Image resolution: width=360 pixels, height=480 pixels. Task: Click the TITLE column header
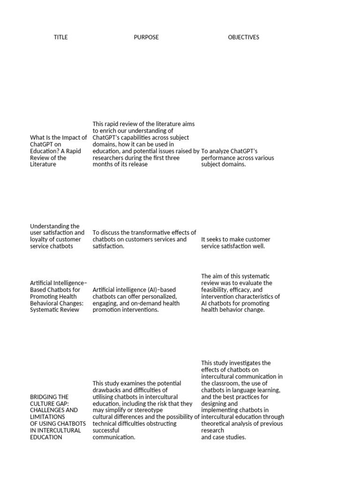coord(60,37)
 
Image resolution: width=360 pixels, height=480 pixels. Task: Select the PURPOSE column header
coord(146,37)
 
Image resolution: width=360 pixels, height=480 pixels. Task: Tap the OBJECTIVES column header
coord(243,37)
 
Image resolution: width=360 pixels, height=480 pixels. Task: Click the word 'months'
coord(103,165)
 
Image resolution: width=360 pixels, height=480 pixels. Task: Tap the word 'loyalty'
coord(39,240)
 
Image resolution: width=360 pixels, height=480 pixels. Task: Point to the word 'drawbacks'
coord(109,390)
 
